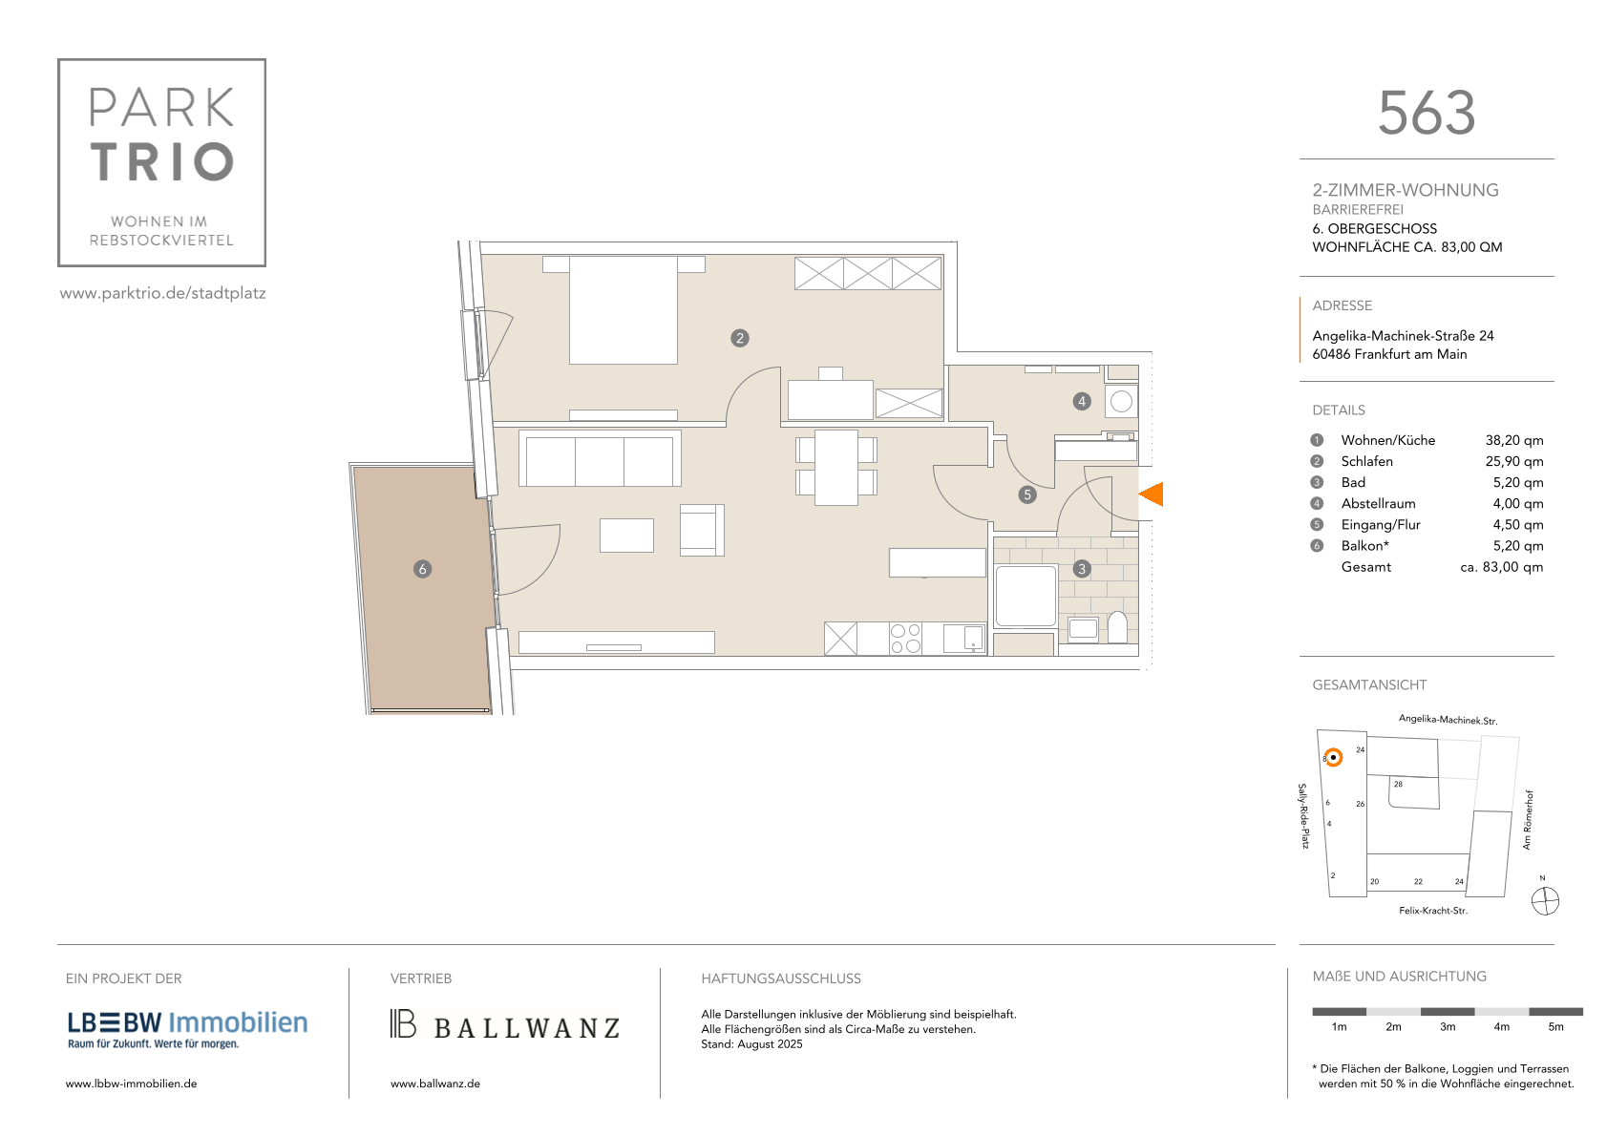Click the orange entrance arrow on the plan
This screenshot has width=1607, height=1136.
click(1152, 494)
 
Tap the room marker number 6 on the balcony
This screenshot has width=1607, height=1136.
click(423, 569)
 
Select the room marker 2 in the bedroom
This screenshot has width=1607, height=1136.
click(740, 338)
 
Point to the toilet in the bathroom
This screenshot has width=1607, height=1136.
click(1118, 627)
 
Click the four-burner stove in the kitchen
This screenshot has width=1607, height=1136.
click(905, 639)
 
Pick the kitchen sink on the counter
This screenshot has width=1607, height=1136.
click(964, 638)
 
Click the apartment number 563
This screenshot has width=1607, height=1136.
click(1427, 113)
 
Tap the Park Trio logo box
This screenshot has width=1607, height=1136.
click(162, 163)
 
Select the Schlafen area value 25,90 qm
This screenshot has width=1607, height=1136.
click(1513, 461)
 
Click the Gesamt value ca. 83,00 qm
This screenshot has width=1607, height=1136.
click(1502, 566)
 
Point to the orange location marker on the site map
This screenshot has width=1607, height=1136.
click(1333, 757)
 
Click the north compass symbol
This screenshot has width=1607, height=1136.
click(1545, 901)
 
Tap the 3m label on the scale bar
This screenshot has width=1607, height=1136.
click(1447, 1027)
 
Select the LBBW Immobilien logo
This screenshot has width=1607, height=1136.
click(187, 1030)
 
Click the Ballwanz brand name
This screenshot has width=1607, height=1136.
click(527, 1028)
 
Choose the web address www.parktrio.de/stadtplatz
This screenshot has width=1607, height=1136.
click(163, 293)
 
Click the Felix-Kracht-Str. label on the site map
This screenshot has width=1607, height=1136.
click(1432, 911)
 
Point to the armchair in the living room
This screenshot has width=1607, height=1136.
click(702, 530)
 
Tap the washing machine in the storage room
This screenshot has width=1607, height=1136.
click(1121, 402)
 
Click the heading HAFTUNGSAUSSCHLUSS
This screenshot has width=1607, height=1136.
click(780, 978)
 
